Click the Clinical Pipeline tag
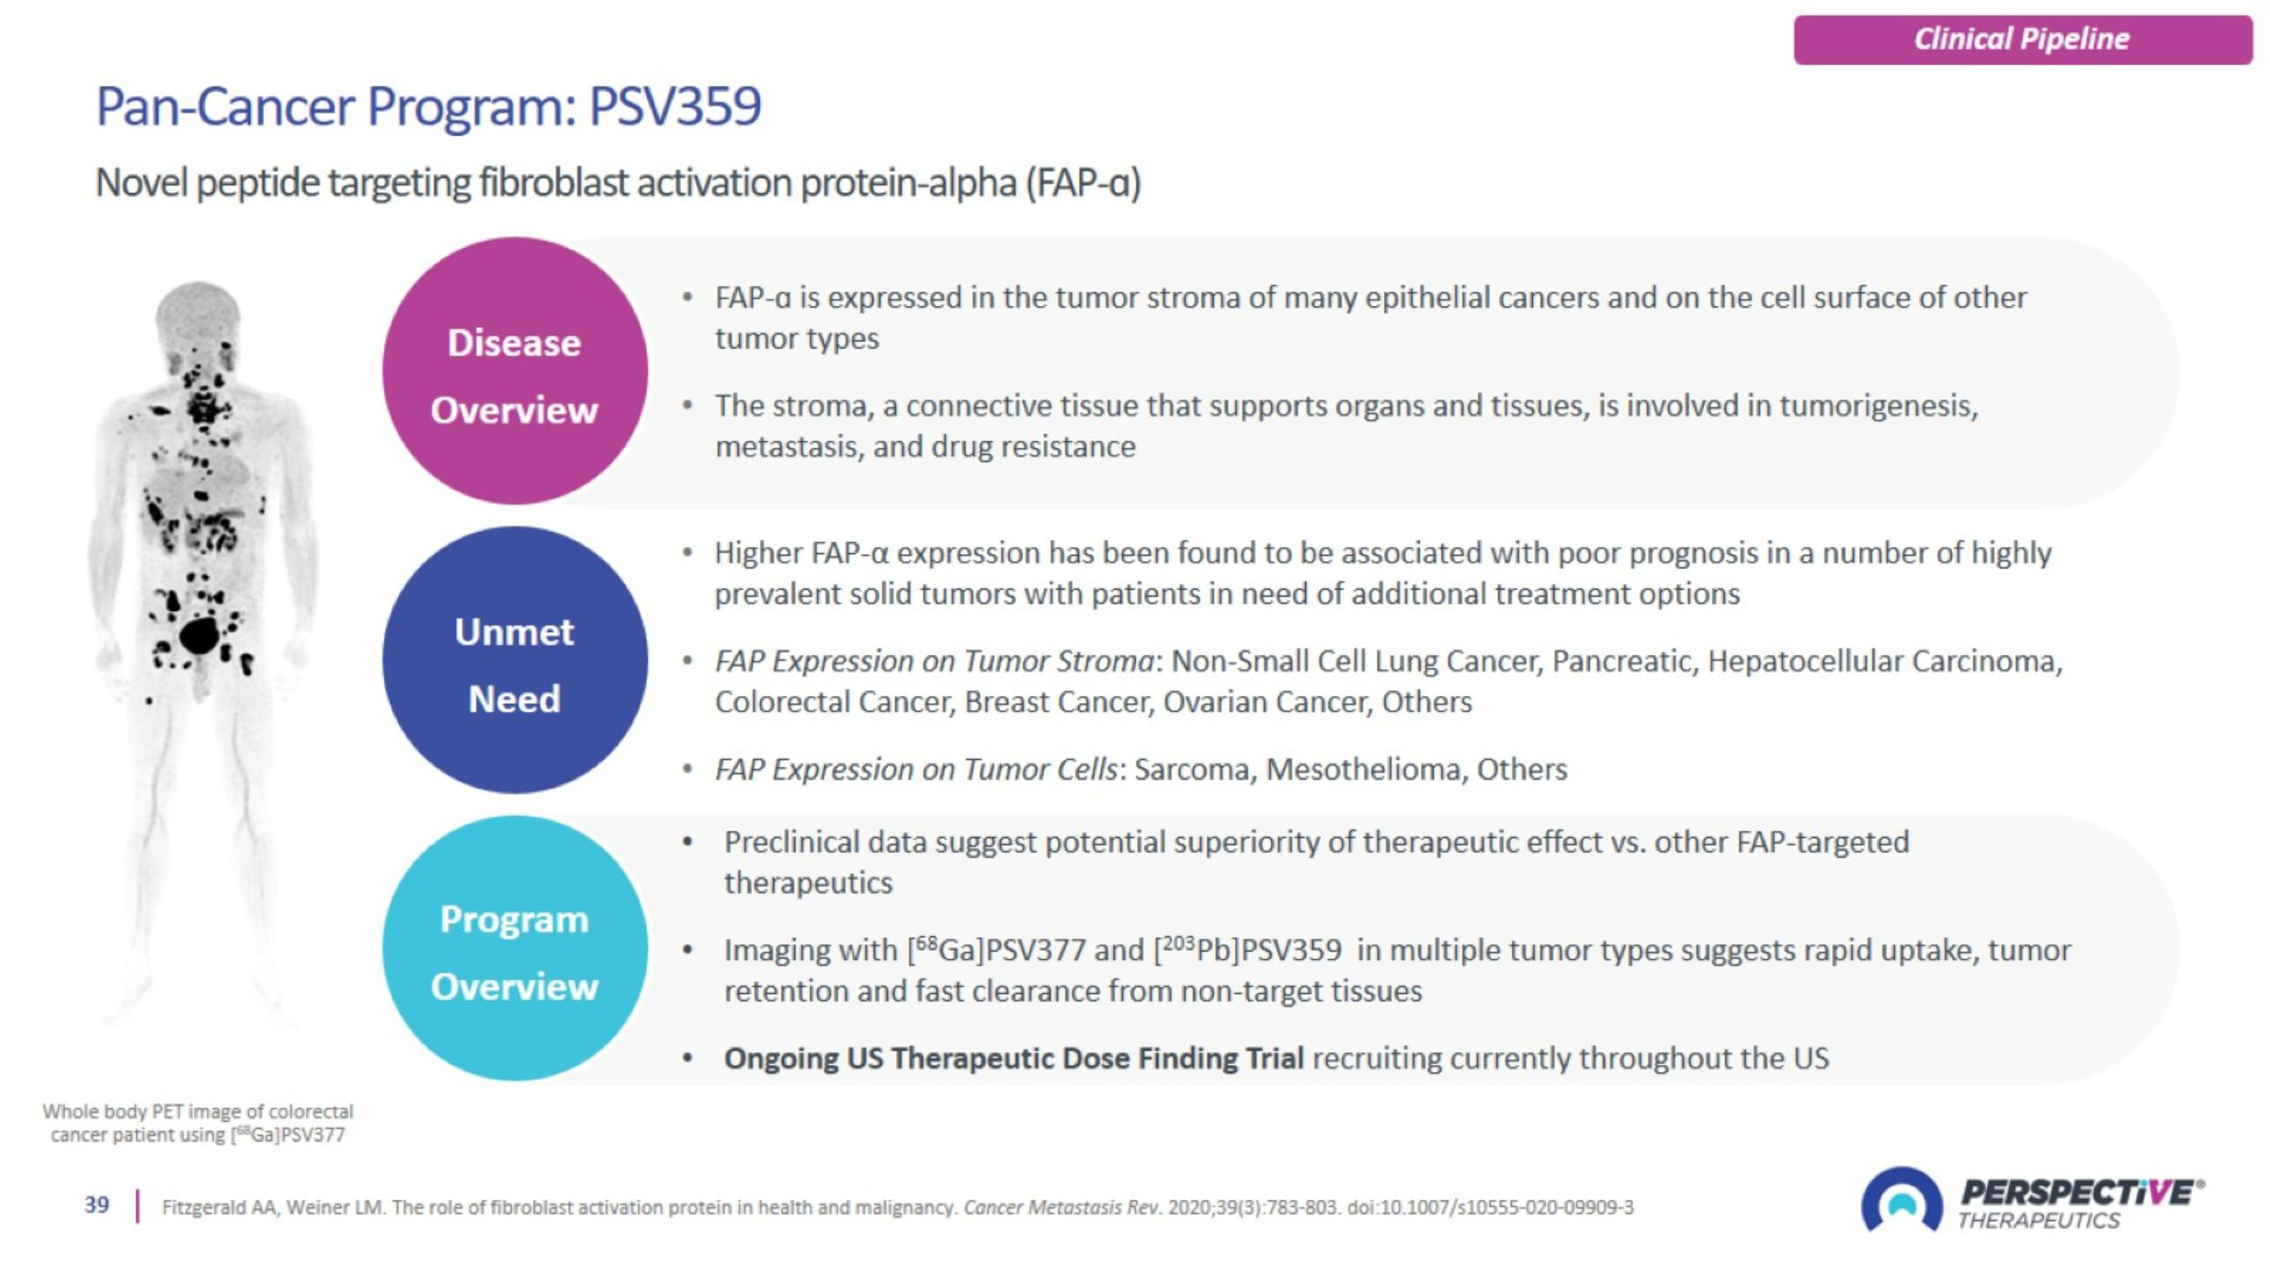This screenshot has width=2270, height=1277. (x=2022, y=39)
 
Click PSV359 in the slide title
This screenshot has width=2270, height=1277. (x=674, y=107)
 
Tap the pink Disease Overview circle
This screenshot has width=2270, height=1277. (x=515, y=371)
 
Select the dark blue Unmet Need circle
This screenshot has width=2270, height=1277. (x=515, y=660)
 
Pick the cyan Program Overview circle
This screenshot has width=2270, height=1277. (x=515, y=949)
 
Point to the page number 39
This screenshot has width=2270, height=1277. (x=97, y=1205)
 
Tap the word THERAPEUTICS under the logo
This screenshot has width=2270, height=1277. (x=2038, y=1220)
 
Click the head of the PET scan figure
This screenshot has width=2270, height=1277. (x=197, y=313)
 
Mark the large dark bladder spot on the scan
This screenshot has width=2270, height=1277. (x=199, y=635)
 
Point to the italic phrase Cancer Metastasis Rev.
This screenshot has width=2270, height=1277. (x=1062, y=1207)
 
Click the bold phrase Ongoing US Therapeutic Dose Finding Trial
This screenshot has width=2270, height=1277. (x=1013, y=1057)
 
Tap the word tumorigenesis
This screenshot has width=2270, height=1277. (x=1878, y=406)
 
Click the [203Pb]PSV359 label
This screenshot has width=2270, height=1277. (x=1248, y=950)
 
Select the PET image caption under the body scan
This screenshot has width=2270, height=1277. (x=197, y=1123)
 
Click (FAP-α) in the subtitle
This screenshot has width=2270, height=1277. (x=1083, y=183)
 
